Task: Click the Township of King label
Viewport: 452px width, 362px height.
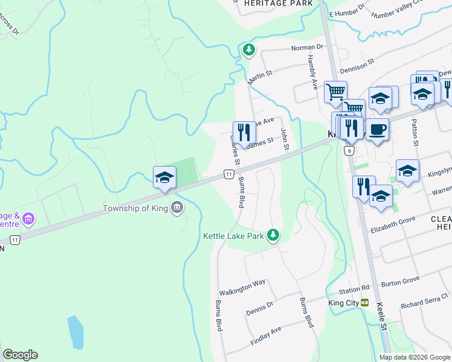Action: [137, 209]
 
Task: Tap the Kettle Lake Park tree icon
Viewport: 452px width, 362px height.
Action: [274, 235]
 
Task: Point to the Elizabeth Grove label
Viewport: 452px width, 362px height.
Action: [394, 227]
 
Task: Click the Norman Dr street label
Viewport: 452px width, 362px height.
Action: [308, 47]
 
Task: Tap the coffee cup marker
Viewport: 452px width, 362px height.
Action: [378, 129]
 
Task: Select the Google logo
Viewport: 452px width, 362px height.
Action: [20, 355]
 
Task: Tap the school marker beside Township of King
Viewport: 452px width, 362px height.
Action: [164, 177]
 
